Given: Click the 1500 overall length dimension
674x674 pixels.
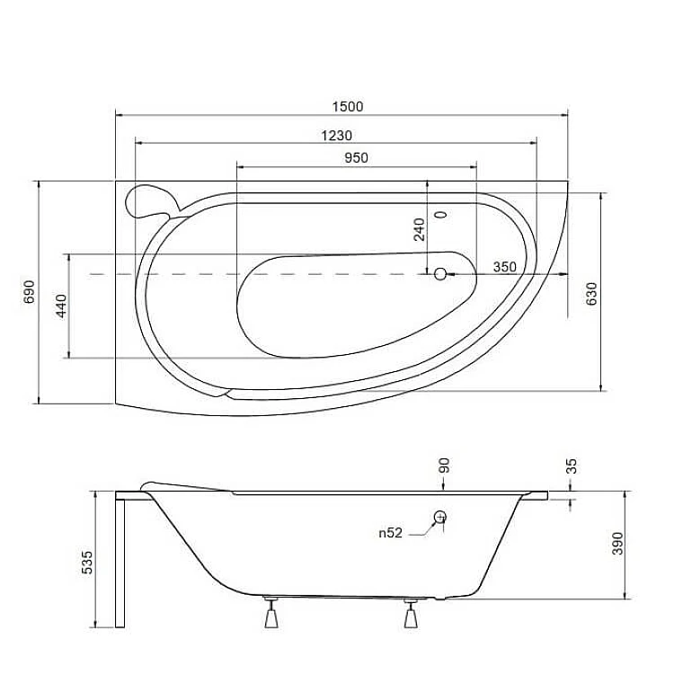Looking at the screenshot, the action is [x=347, y=107].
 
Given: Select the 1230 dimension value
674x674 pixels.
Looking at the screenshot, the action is [x=337, y=136].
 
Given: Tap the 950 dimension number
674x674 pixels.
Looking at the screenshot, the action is [x=357, y=158].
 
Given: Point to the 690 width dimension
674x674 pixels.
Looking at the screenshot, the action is [x=29, y=292].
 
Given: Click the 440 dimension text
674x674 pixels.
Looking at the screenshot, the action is [x=62, y=306].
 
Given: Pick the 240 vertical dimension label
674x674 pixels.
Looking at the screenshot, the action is [x=419, y=229].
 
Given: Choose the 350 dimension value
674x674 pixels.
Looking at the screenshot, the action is [x=505, y=267].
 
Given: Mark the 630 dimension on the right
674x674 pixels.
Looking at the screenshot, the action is [x=592, y=294].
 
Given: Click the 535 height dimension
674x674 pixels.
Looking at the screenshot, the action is [x=87, y=563].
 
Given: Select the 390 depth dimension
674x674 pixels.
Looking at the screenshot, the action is [x=617, y=544].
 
